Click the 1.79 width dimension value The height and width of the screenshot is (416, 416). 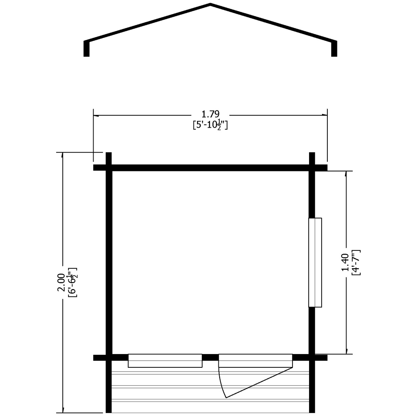[x=210, y=114]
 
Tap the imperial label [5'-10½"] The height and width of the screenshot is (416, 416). [x=210, y=125]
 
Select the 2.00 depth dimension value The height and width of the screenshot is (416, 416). [x=61, y=282]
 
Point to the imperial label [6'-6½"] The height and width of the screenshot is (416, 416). [x=72, y=282]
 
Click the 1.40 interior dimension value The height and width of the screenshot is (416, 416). [x=345, y=262]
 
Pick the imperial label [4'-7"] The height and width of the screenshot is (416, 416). [x=356, y=262]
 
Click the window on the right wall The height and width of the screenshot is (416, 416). [x=315, y=262]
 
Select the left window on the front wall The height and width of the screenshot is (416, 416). [x=165, y=361]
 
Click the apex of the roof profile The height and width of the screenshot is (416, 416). [x=210, y=4]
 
